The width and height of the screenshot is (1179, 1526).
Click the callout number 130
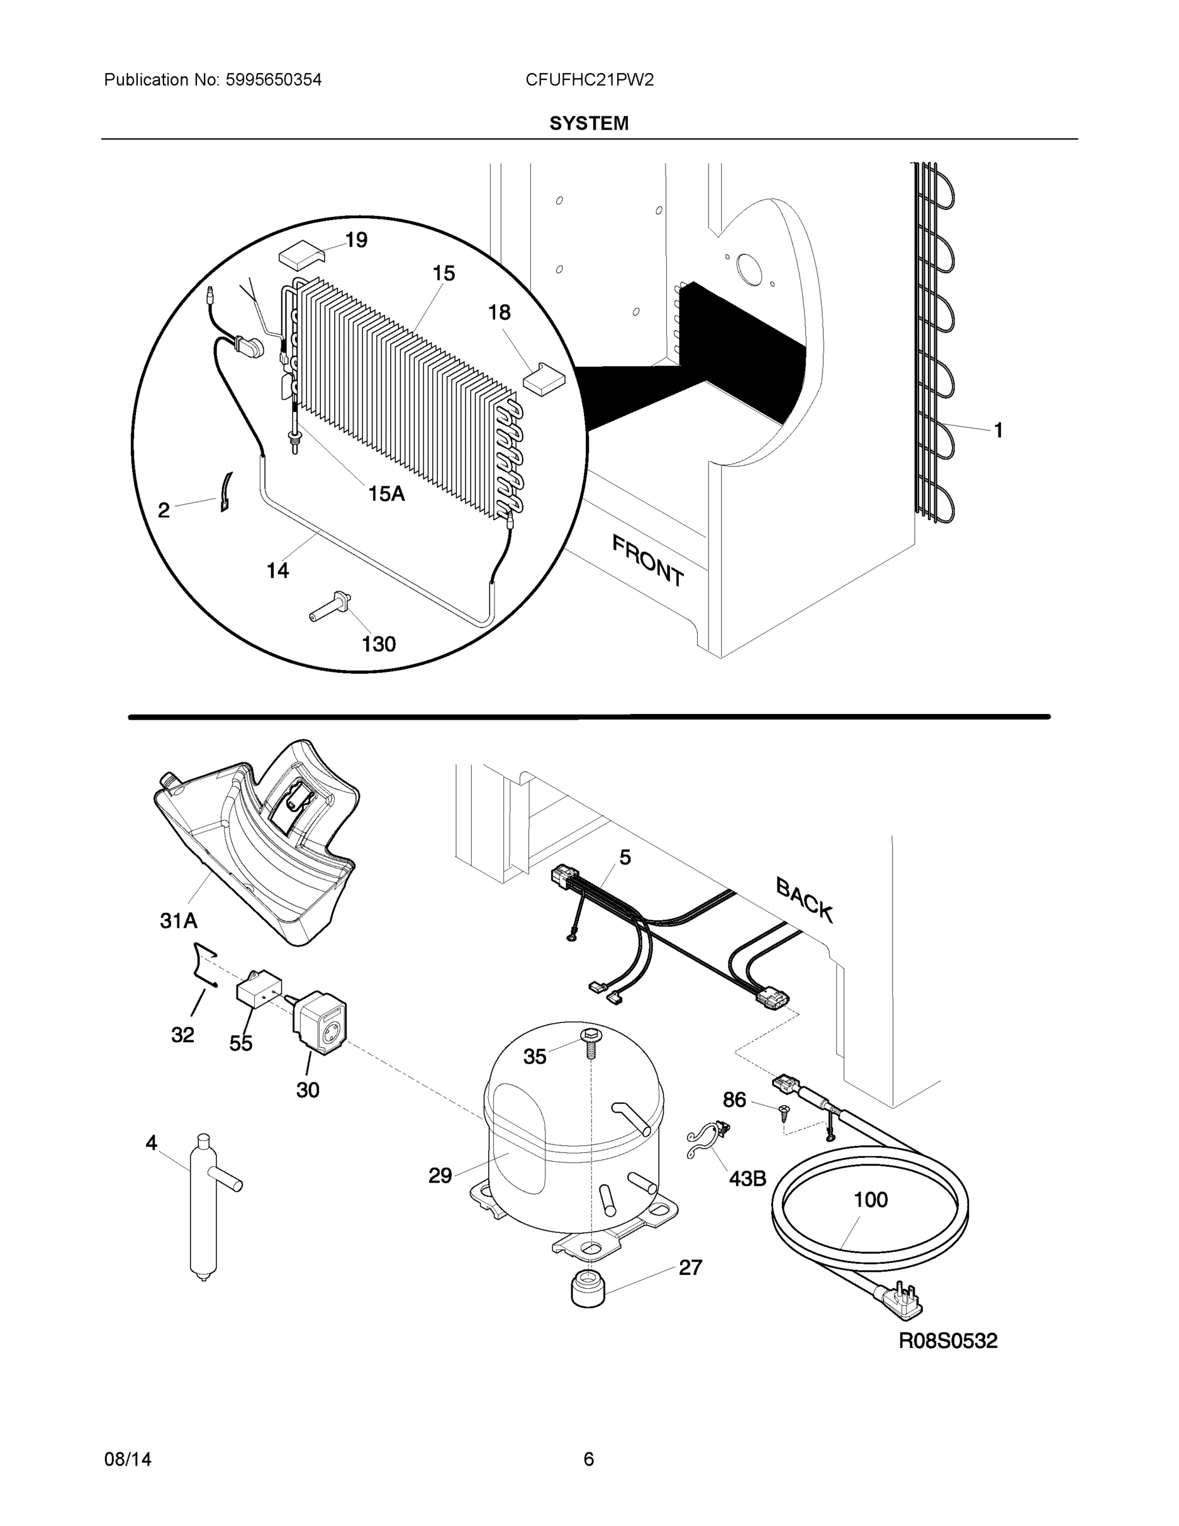(378, 643)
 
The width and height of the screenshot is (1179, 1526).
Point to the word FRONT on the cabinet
(648, 560)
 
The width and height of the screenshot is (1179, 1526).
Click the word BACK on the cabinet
(804, 900)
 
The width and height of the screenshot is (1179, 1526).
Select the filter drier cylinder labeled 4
(203, 1206)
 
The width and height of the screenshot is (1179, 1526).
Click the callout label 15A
(386, 494)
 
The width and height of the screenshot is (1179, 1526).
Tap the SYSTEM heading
(589, 124)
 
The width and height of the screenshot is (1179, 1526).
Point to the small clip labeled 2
(226, 492)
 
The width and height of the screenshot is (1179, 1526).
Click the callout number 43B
(747, 1179)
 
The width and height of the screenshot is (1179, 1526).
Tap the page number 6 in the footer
(588, 1459)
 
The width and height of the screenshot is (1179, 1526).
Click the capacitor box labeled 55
(259, 992)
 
